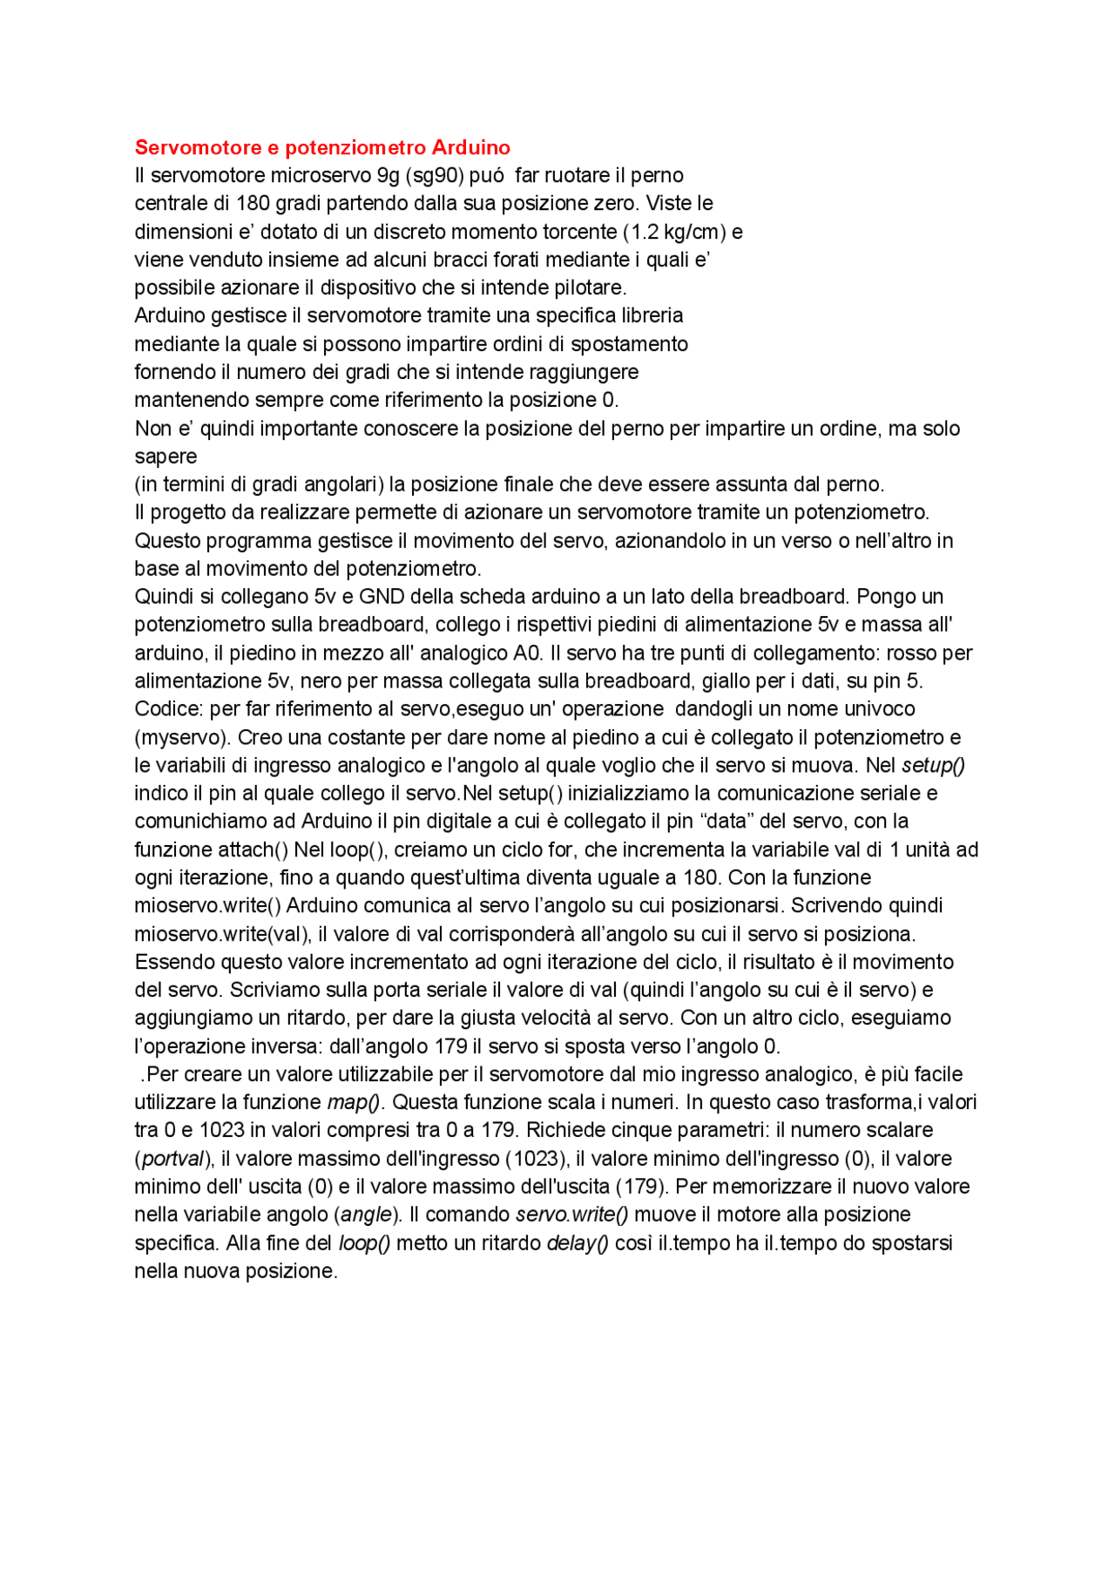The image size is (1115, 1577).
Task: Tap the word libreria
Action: (652, 315)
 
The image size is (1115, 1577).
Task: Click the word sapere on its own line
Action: (166, 457)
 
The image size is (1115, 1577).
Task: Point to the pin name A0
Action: (528, 653)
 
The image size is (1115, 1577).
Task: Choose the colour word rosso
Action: (916, 653)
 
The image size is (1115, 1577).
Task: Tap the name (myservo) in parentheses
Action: (182, 737)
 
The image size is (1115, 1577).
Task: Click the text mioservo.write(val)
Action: (222, 934)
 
